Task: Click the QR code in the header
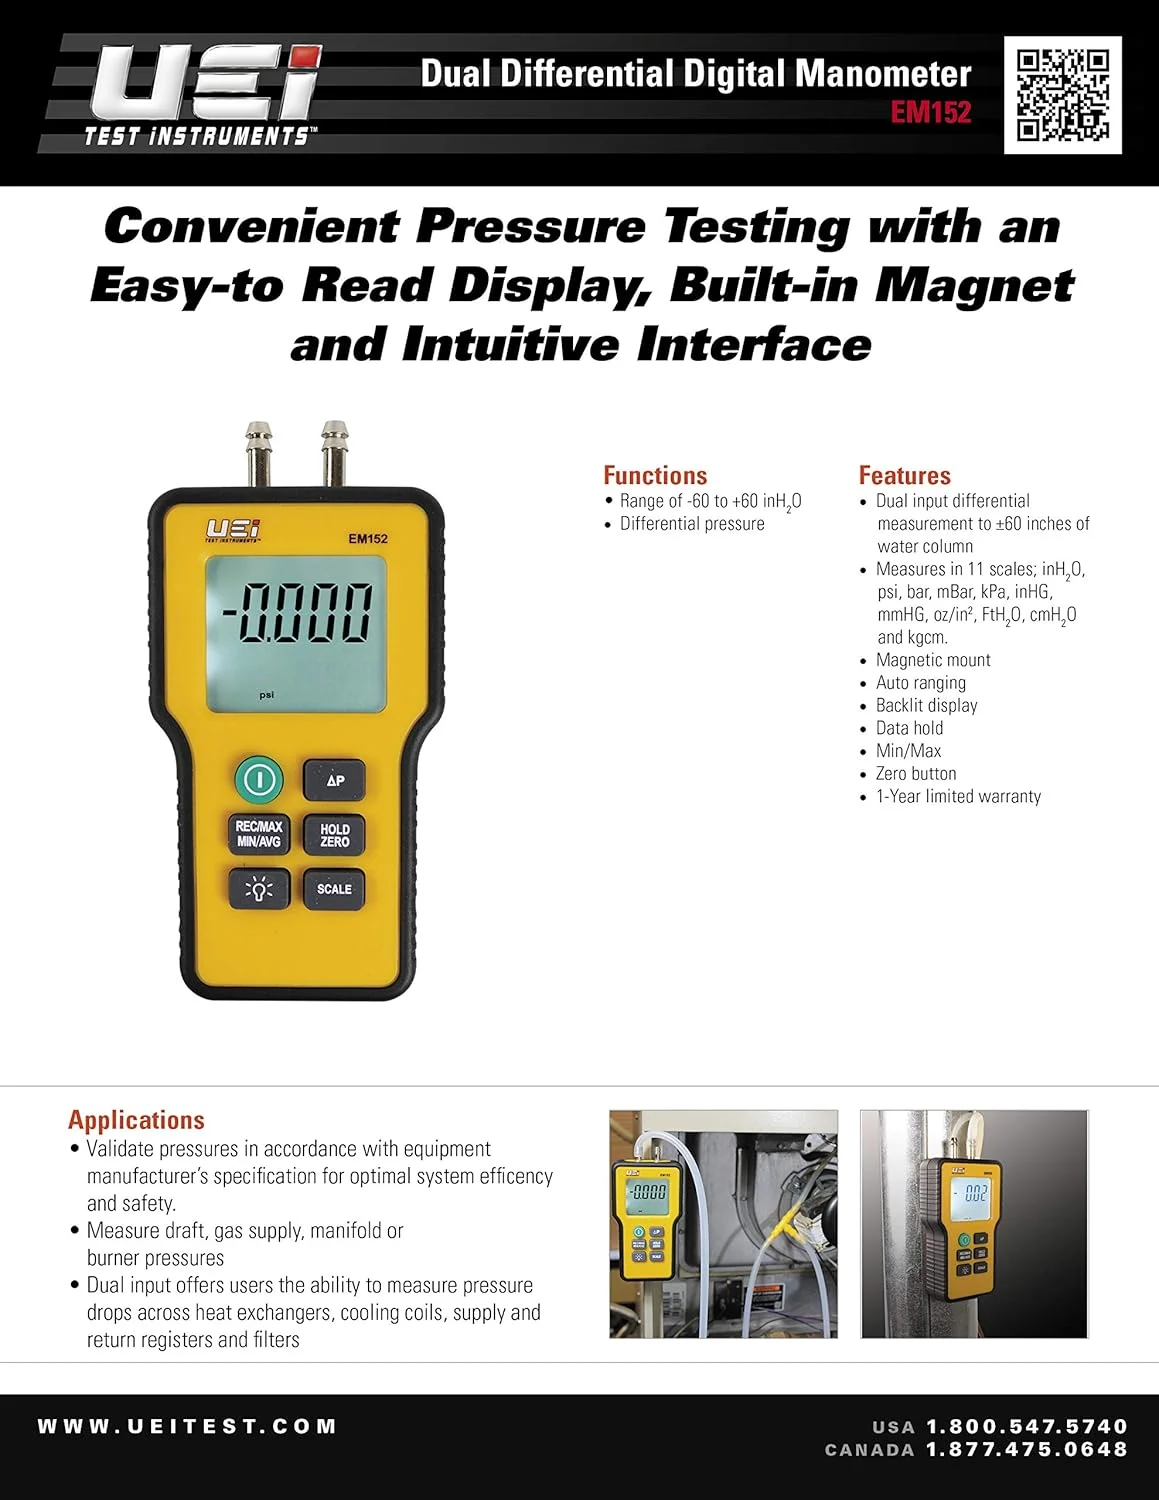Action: point(1062,95)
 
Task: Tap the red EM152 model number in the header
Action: point(931,112)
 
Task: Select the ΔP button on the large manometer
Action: point(334,780)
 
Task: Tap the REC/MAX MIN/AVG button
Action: point(259,834)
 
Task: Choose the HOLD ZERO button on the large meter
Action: point(334,835)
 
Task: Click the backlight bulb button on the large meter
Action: point(259,888)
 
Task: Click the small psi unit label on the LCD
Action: point(266,695)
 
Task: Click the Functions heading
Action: point(655,476)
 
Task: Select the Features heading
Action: point(904,476)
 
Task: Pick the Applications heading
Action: point(136,1120)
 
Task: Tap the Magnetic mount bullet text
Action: point(933,660)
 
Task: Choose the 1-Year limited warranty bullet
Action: point(958,797)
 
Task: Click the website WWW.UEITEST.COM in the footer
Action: point(187,1427)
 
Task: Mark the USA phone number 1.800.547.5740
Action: point(1026,1427)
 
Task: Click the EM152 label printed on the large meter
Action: point(368,539)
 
